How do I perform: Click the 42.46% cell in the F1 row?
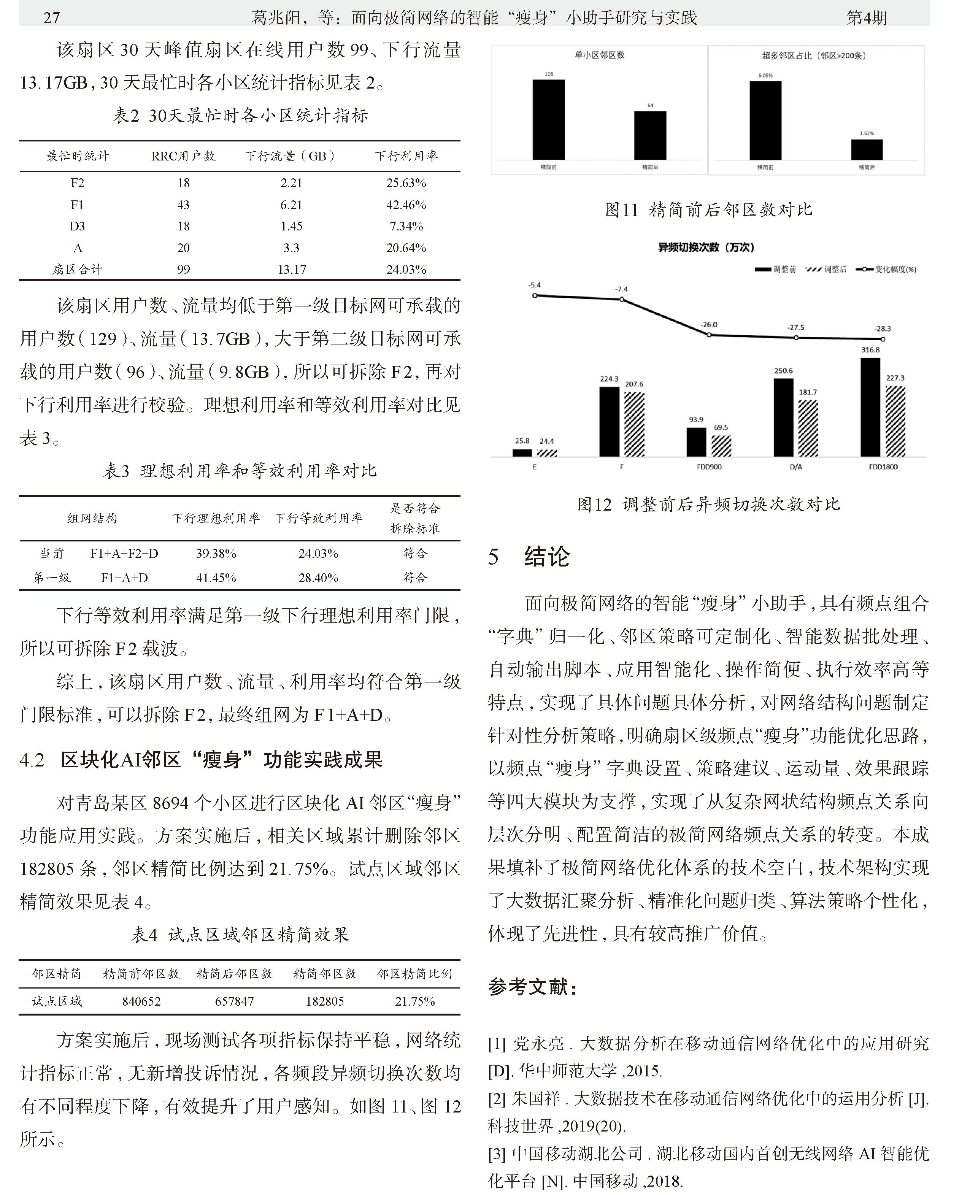point(406,205)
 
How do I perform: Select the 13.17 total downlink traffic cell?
point(292,269)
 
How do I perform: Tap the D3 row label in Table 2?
point(77,226)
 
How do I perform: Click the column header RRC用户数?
point(183,156)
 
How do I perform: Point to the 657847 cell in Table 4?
point(234,1001)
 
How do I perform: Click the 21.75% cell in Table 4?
point(414,1001)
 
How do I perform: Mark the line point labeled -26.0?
point(709,335)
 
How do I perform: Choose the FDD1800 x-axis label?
point(883,467)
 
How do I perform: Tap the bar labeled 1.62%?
point(867,150)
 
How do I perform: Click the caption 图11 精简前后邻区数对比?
point(708,210)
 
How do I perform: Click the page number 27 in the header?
point(51,18)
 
